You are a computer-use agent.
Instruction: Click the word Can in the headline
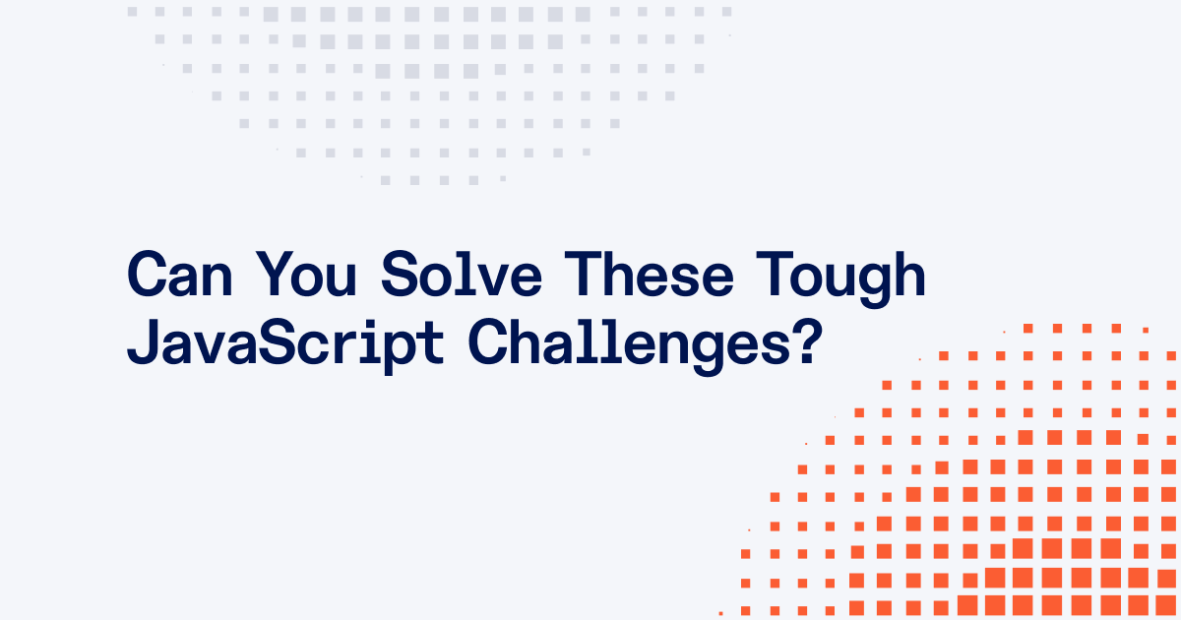[180, 275]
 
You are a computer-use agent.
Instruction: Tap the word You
[306, 275]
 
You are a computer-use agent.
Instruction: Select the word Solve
[462, 275]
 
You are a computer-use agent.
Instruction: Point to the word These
[649, 275]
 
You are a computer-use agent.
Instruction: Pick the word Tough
[840, 279]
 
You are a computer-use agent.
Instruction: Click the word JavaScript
[285, 346]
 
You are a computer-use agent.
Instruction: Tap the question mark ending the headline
[808, 341]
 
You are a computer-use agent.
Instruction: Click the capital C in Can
[147, 275]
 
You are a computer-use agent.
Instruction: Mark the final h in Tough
[910, 275]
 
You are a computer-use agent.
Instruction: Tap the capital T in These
[583, 275]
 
